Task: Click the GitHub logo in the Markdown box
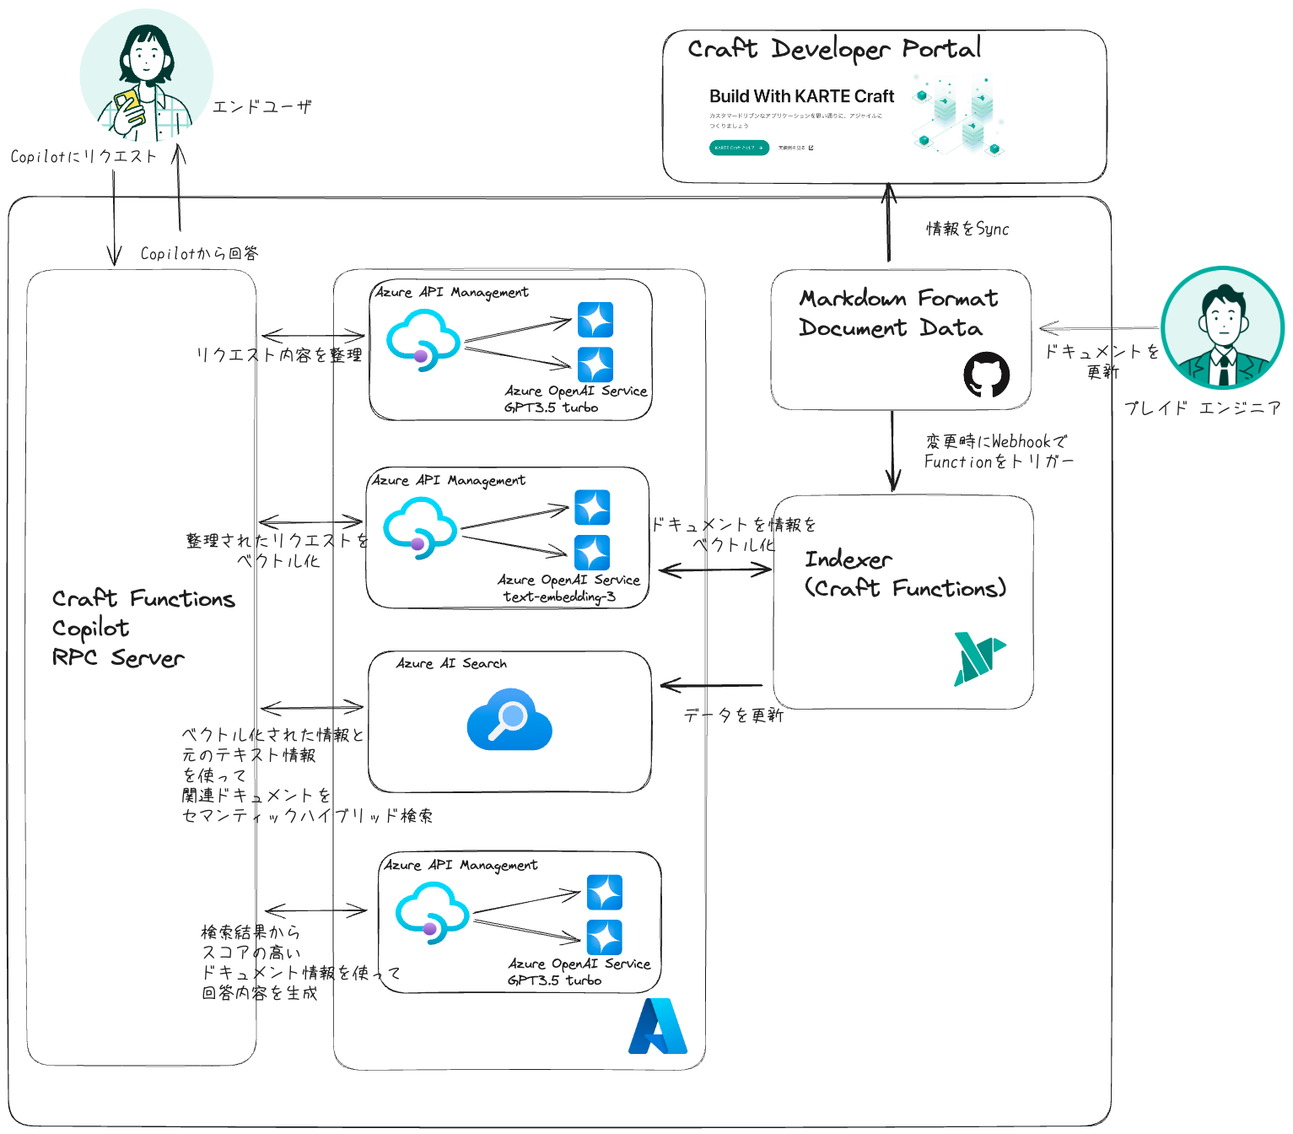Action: [986, 375]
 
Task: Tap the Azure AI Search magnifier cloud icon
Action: [509, 719]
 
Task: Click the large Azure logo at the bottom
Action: [657, 1027]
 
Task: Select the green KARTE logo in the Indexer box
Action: [978, 658]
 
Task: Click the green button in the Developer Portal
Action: [739, 148]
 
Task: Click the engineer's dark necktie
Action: [1223, 368]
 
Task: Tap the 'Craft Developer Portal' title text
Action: [833, 49]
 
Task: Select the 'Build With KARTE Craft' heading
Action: [801, 96]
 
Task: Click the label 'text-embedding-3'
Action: [559, 597]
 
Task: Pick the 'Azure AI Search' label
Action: [451, 664]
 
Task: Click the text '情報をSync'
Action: [967, 229]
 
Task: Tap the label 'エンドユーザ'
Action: [261, 106]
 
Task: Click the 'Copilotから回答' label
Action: [199, 253]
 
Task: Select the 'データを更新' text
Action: [733, 715]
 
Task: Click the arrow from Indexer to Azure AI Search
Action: [711, 685]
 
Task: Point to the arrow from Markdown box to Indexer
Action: [892, 451]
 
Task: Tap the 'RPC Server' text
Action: [118, 658]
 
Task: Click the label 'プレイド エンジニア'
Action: [1202, 408]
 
